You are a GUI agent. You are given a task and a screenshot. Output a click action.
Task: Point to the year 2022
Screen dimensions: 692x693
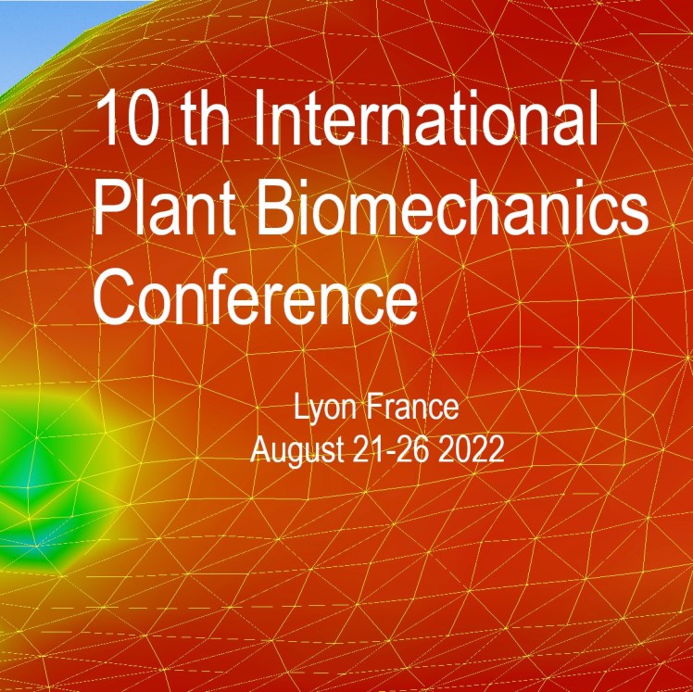(x=472, y=450)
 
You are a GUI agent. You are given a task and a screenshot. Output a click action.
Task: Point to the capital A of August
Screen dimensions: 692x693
(x=262, y=450)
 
